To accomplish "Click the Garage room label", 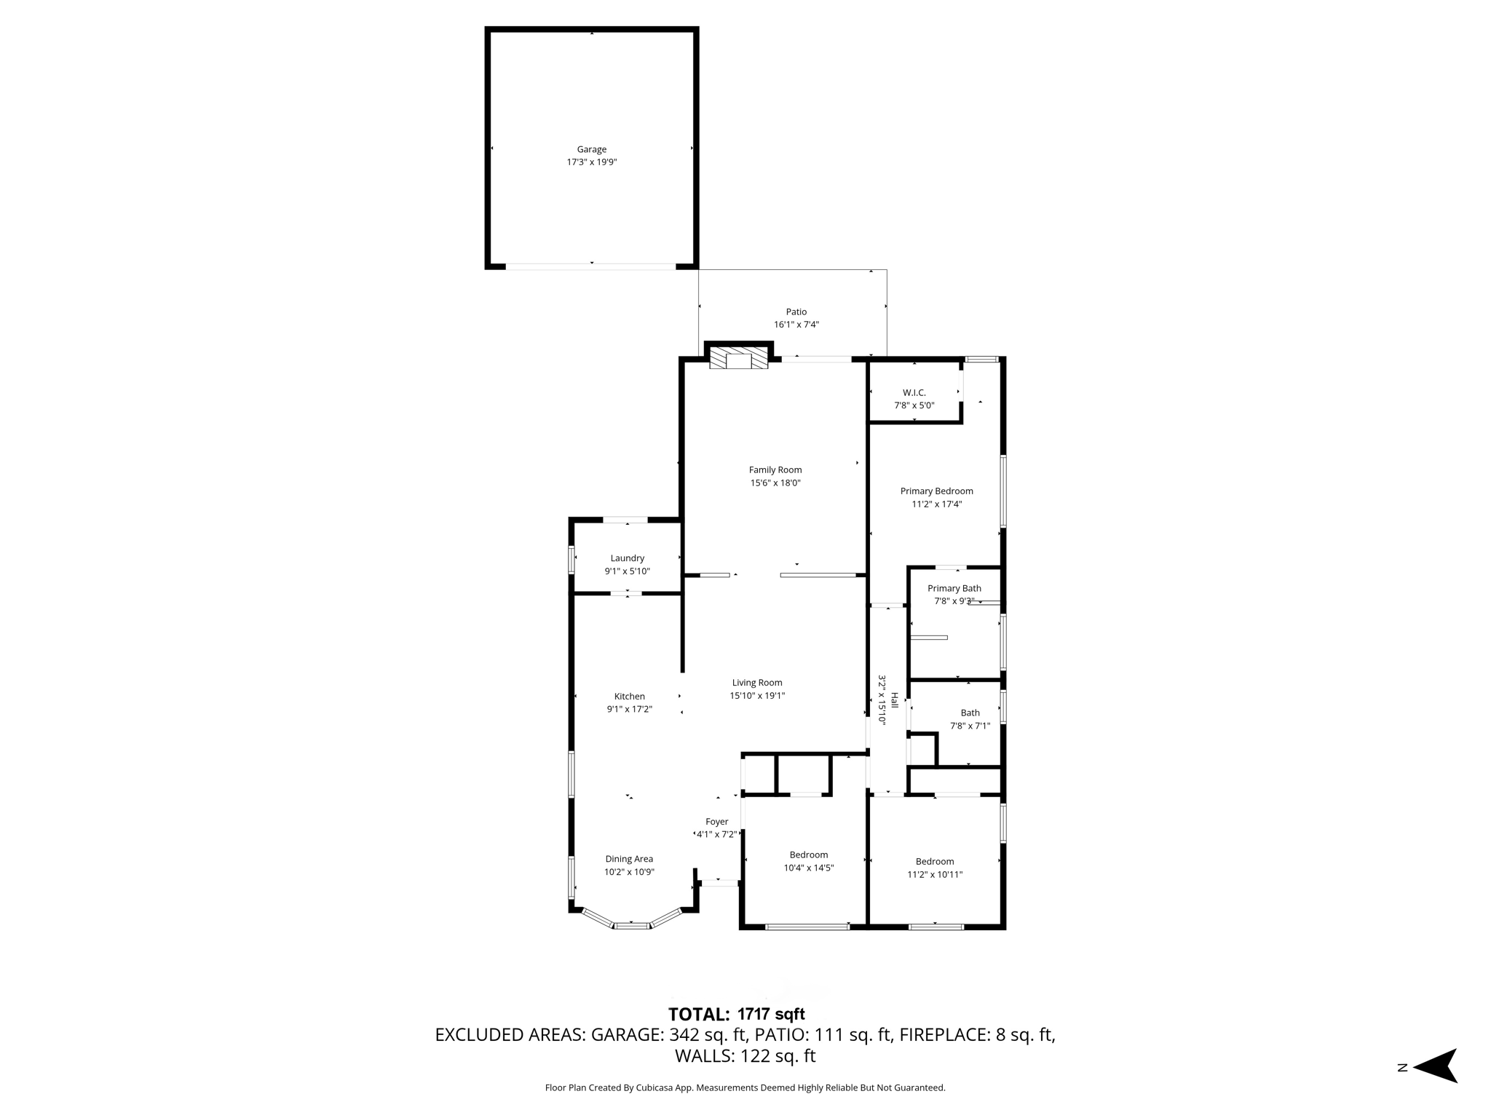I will [591, 149].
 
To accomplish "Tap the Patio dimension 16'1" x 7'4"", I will [796, 325].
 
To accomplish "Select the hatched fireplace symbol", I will [738, 358].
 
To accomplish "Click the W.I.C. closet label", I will [914, 393].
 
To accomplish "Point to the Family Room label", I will [775, 470].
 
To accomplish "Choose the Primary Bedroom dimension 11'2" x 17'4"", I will [936, 504].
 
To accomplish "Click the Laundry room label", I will [627, 558].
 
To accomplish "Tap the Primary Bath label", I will [954, 588].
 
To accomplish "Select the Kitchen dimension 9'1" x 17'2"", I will [629, 709].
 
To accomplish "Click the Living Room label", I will [757, 683].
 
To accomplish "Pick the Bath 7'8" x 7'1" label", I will [970, 719].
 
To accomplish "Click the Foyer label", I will [716, 822].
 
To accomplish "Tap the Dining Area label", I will [629, 859].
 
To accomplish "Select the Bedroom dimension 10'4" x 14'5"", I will [808, 868].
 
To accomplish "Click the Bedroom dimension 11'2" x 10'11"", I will [935, 874].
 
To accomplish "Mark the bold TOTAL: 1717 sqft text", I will [736, 1014].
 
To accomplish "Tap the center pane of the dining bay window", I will [632, 925].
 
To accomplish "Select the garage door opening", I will [591, 266].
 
